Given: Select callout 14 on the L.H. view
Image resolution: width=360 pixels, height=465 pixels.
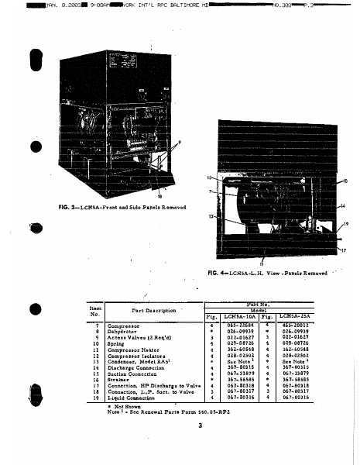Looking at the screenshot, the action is point(341,206).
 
